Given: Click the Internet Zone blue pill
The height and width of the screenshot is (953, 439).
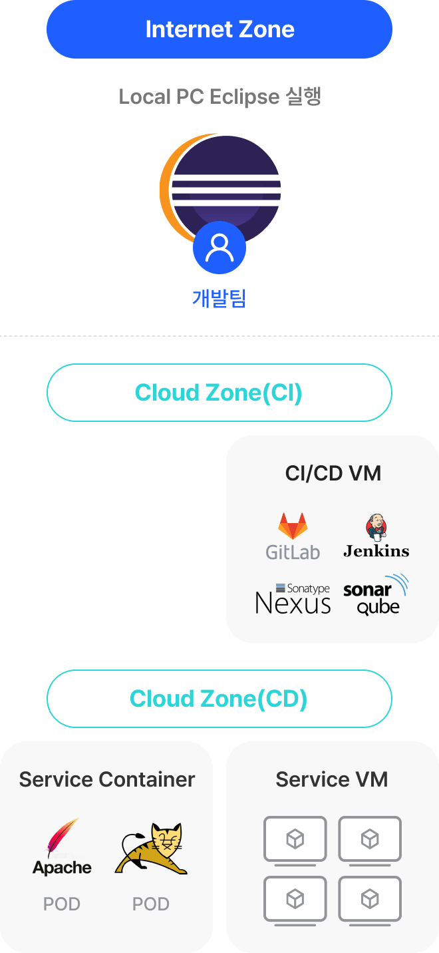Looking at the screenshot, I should pos(219,29).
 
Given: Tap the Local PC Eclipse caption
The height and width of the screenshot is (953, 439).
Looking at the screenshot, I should pos(219,96).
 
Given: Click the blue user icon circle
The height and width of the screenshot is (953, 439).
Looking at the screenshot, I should pos(219,248).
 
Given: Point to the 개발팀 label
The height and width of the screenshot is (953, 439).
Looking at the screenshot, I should pos(219,298).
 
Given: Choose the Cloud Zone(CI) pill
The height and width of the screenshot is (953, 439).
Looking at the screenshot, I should pos(219,393).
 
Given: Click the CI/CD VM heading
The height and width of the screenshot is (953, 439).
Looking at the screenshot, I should pos(333,473).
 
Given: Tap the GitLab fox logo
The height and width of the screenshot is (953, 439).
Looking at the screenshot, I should pos(293,526).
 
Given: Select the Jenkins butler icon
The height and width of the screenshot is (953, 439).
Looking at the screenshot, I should pos(376,526).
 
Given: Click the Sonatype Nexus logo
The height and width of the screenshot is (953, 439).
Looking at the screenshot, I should pos(293,598).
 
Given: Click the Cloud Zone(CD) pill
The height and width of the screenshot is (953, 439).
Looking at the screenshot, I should pos(219,699).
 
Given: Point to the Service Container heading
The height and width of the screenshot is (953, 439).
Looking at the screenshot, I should pos(107,779).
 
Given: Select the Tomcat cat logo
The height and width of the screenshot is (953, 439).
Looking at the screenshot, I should pos(152,849).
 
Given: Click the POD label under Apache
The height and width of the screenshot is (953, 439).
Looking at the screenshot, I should pos(62,904).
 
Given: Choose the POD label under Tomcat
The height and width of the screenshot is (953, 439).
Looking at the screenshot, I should pos(151,904).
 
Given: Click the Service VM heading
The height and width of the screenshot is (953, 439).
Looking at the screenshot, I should pos(332,779).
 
